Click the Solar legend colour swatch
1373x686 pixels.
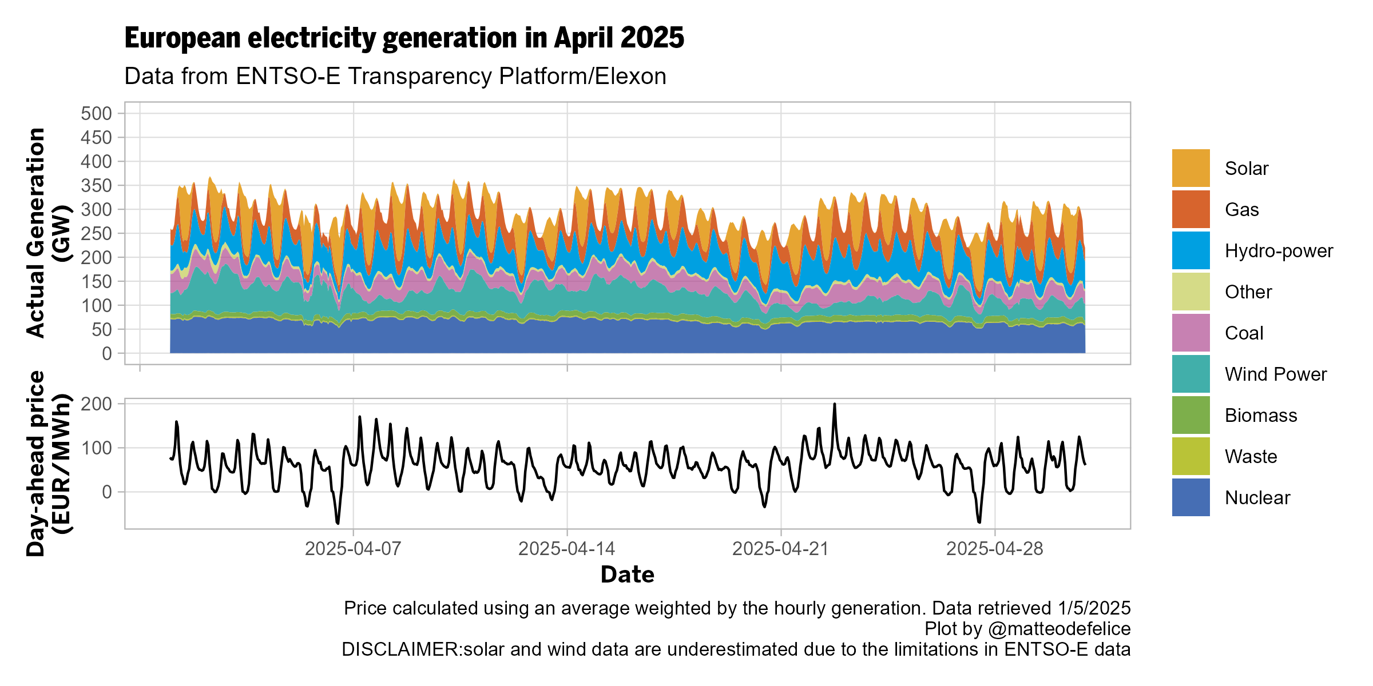tap(1191, 168)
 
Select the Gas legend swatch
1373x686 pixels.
tap(1191, 209)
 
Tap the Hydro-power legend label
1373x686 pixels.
tap(1279, 251)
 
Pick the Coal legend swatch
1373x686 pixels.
tap(1191, 333)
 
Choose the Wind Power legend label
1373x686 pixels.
tap(1275, 374)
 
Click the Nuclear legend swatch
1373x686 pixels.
tap(1191, 497)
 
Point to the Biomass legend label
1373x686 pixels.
tap(1261, 416)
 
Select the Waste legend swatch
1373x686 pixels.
tap(1191, 456)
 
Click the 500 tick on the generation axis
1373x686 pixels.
tap(96, 114)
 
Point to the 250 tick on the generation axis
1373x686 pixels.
tap(96, 234)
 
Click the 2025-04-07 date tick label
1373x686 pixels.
tap(353, 549)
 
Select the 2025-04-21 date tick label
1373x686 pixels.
tap(780, 549)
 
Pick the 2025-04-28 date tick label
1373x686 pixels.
tap(994, 549)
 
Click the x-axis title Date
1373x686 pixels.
tap(627, 575)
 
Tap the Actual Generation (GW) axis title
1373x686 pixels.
tap(49, 233)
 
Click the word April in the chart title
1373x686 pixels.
tap(584, 39)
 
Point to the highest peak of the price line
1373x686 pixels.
tap(835, 404)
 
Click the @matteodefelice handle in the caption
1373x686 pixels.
tap(1059, 629)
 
